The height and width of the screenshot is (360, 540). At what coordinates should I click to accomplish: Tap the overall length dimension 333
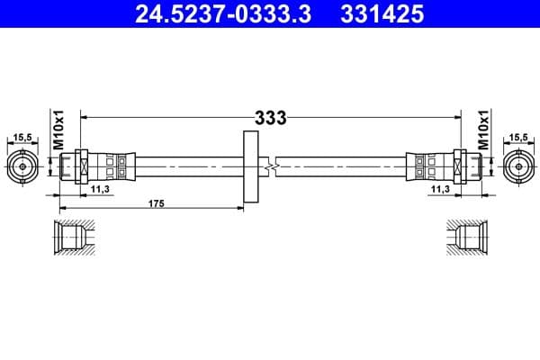pos(270,117)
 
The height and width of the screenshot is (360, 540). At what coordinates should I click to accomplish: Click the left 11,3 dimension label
pos(101,190)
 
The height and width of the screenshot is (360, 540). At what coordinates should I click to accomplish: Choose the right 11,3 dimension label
pos(440,190)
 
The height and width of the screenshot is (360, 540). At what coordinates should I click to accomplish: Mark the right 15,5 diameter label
pos(517,138)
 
